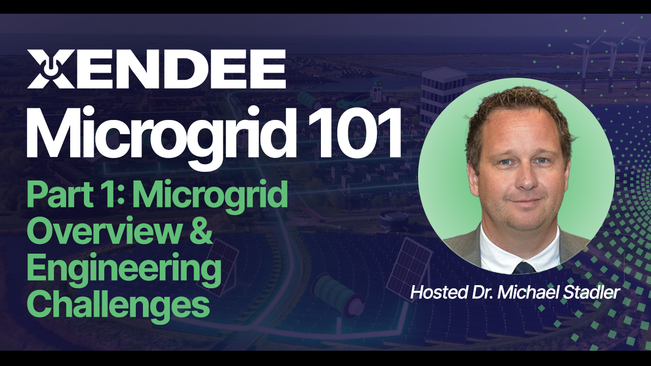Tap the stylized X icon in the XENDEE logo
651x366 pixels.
[x=45, y=69]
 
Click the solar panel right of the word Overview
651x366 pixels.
[x=224, y=262]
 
